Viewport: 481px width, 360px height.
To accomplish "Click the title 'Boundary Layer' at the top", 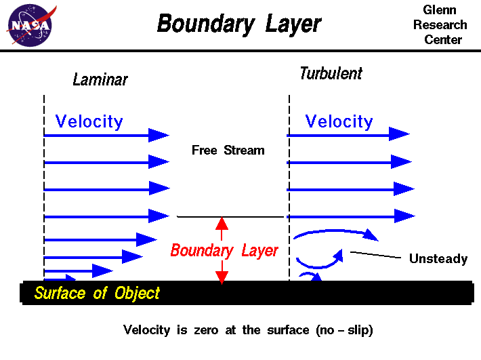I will [x=239, y=24].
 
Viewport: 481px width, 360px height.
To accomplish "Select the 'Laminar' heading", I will [x=100, y=80].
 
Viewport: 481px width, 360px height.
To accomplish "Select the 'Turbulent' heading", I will [x=331, y=73].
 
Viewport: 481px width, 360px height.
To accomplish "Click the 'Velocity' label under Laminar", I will [x=89, y=121].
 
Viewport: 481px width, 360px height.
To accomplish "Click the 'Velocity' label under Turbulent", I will [x=339, y=121].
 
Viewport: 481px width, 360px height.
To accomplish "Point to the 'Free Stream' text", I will [x=228, y=151].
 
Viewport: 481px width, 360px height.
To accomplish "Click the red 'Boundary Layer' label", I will [x=224, y=251].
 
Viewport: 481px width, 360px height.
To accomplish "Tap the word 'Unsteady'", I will [x=438, y=258].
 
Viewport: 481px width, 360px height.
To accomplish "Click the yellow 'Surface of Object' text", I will [x=97, y=294].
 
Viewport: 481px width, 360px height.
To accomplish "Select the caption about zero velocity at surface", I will [x=248, y=331].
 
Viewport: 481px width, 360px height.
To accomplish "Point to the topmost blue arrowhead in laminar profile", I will [x=160, y=136].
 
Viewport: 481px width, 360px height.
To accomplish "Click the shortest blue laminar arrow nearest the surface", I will [x=61, y=278].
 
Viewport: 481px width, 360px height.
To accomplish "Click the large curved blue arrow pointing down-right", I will [x=335, y=233].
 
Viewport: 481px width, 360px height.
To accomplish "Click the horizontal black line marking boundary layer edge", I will [x=230, y=217].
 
